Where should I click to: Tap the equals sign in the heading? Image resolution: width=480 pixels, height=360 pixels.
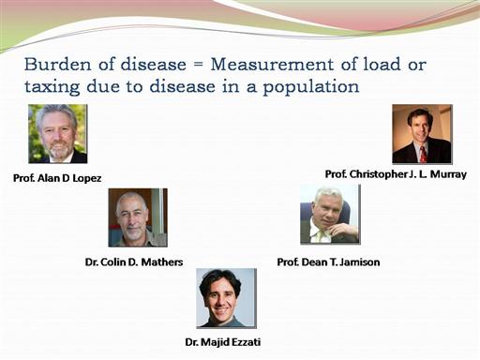pos(198,65)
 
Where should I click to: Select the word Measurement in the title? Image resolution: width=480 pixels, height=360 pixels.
pos(272,65)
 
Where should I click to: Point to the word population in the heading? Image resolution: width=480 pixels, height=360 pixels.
pos(311,87)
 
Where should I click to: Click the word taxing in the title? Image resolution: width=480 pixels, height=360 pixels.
pos(52,87)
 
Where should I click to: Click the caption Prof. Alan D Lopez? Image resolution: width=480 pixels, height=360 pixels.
pos(57,178)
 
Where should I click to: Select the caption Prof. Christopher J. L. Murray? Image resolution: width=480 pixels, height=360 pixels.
pos(396,174)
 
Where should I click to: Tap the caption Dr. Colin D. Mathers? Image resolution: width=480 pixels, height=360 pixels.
pos(134,262)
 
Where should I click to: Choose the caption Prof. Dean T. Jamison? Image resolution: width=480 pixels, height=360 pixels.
pos(328,262)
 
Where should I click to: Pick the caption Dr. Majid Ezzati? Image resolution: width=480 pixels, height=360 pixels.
pos(223,342)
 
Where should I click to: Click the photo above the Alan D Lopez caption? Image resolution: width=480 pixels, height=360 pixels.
pos(58,134)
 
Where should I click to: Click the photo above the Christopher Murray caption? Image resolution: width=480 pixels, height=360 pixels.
pos(422,134)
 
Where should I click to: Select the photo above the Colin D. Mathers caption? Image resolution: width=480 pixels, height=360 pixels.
pos(138,217)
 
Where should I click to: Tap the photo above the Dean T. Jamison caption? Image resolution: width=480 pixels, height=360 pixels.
pos(330,215)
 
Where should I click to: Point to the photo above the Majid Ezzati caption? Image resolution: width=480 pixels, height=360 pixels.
pos(227,298)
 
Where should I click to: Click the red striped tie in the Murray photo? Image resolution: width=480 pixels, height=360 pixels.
pos(423,155)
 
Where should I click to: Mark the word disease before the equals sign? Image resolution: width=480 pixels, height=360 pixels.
pos(154,65)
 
